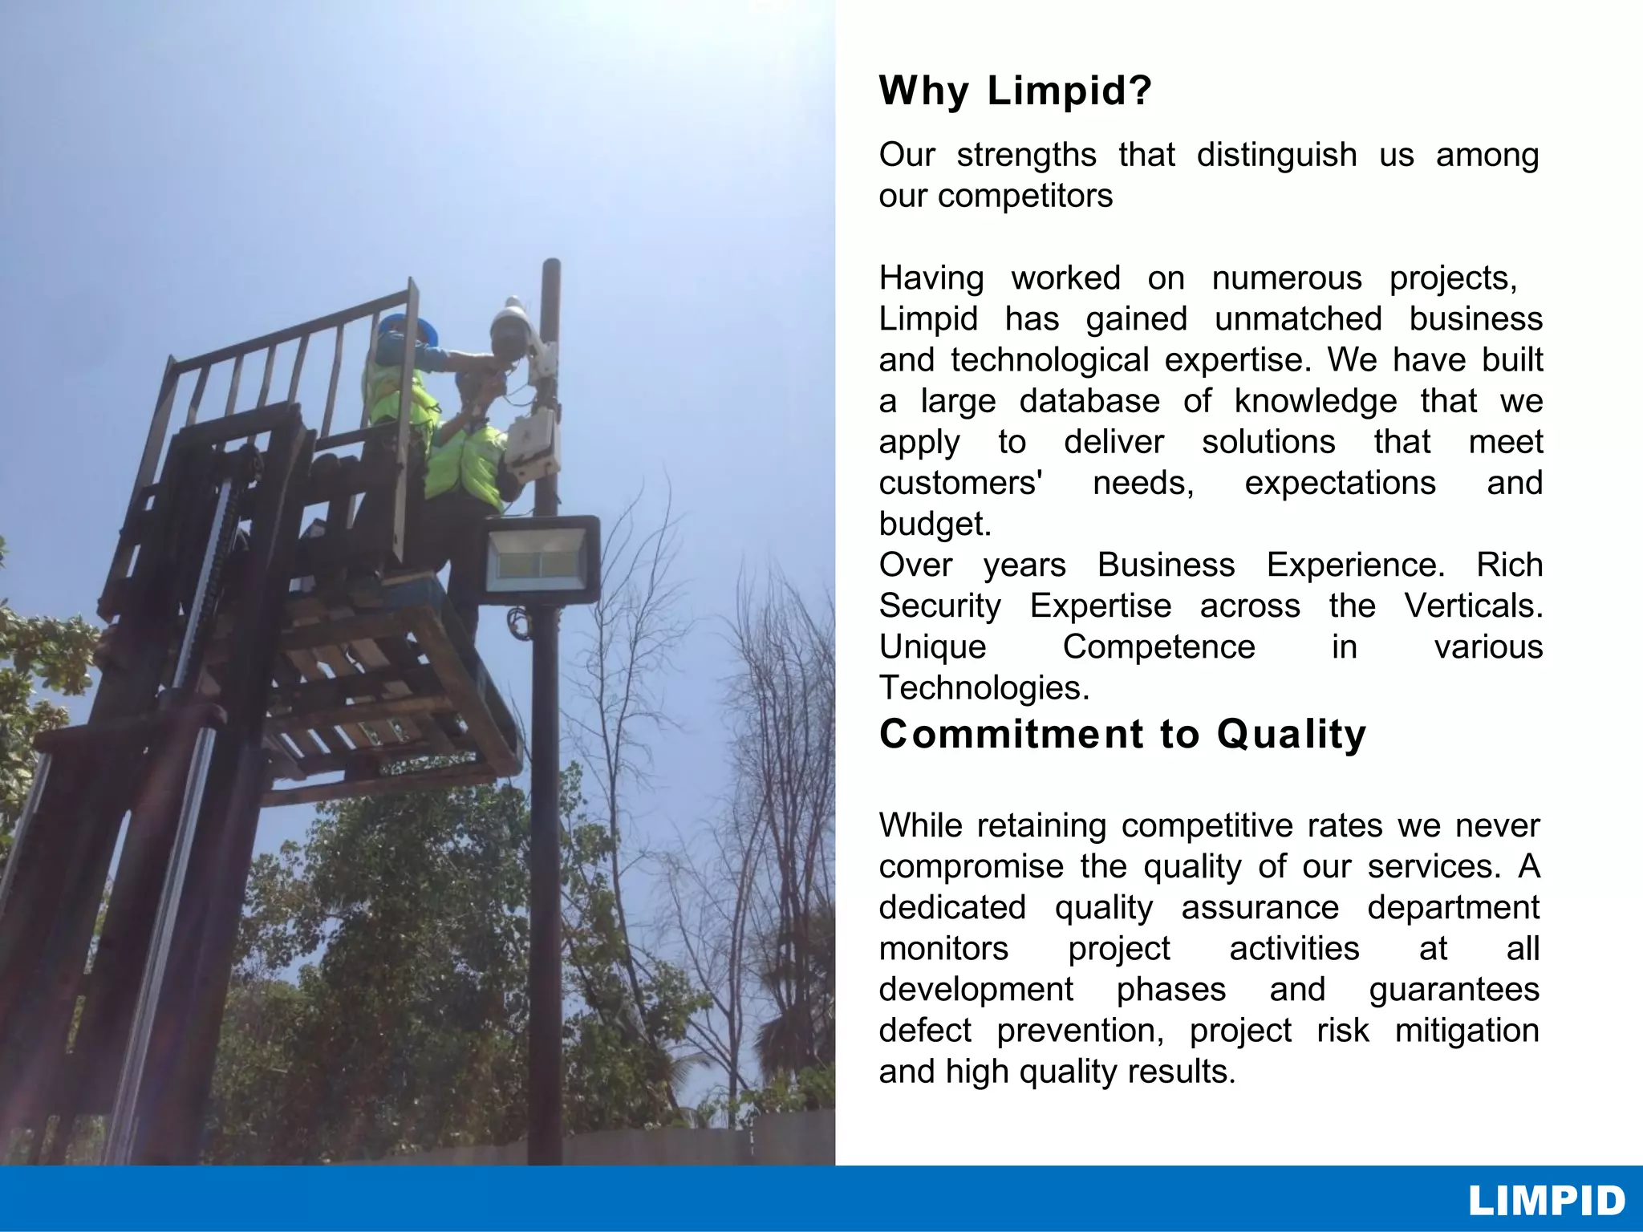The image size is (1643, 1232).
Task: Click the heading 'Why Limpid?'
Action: pos(1015,91)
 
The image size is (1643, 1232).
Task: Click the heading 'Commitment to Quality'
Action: pos(1122,735)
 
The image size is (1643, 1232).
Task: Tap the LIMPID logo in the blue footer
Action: pos(1546,1201)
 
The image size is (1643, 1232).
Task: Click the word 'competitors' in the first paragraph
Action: pos(1025,197)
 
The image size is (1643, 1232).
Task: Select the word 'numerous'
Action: pos(1287,279)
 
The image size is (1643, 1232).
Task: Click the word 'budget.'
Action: pos(935,525)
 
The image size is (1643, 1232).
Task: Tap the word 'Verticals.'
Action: pos(1473,606)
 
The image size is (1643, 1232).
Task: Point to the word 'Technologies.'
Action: pos(984,688)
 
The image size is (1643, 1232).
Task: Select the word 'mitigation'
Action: pos(1467,1031)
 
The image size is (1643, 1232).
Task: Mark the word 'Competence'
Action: pos(1158,647)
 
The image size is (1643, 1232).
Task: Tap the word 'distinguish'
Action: pos(1276,156)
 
